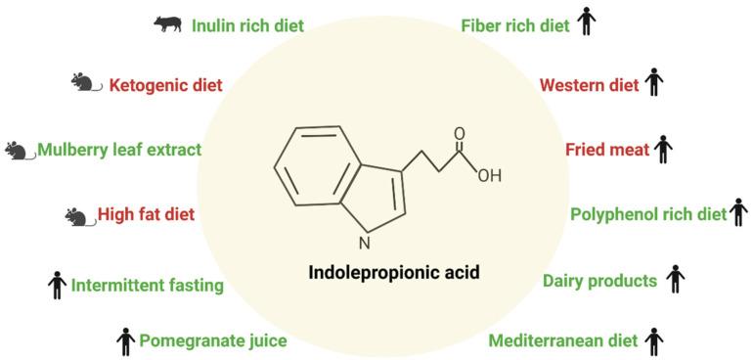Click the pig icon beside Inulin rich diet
tap(169, 22)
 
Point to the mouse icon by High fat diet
tap(78, 215)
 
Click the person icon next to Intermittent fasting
tap(57, 286)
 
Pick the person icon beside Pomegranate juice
tap(125, 340)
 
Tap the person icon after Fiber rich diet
tap(586, 22)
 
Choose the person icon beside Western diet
tap(654, 84)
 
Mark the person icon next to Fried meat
tap(664, 150)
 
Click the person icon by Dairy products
tap(675, 281)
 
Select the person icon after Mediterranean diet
tap(654, 340)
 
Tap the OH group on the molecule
tap(489, 176)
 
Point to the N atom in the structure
tap(364, 243)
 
